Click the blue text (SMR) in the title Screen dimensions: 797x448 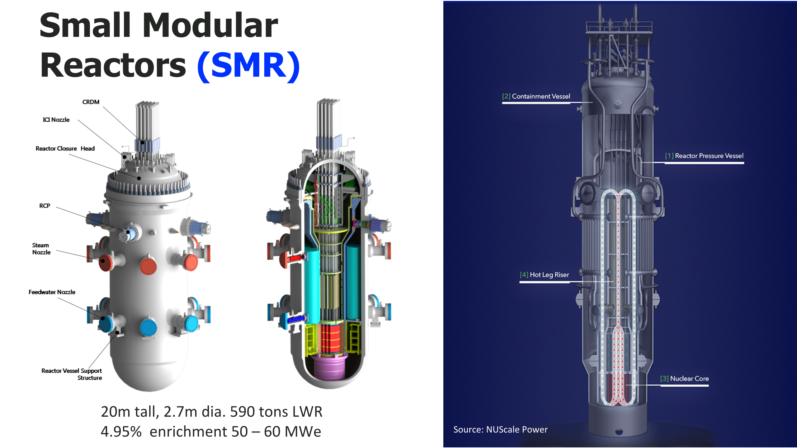pyautogui.click(x=248, y=66)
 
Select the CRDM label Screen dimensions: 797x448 pyautogui.click(x=91, y=102)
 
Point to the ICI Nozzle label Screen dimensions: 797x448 pyautogui.click(x=56, y=120)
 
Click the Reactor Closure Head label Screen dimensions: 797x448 pyautogui.click(x=65, y=149)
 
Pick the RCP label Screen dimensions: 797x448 pyautogui.click(x=45, y=206)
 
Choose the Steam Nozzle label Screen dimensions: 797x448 pyautogui.click(x=41, y=249)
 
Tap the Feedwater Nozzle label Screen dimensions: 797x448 pyautogui.click(x=52, y=292)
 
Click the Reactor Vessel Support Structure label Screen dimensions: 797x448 pyautogui.click(x=72, y=374)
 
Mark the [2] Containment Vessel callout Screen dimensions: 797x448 pyautogui.click(x=536, y=96)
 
